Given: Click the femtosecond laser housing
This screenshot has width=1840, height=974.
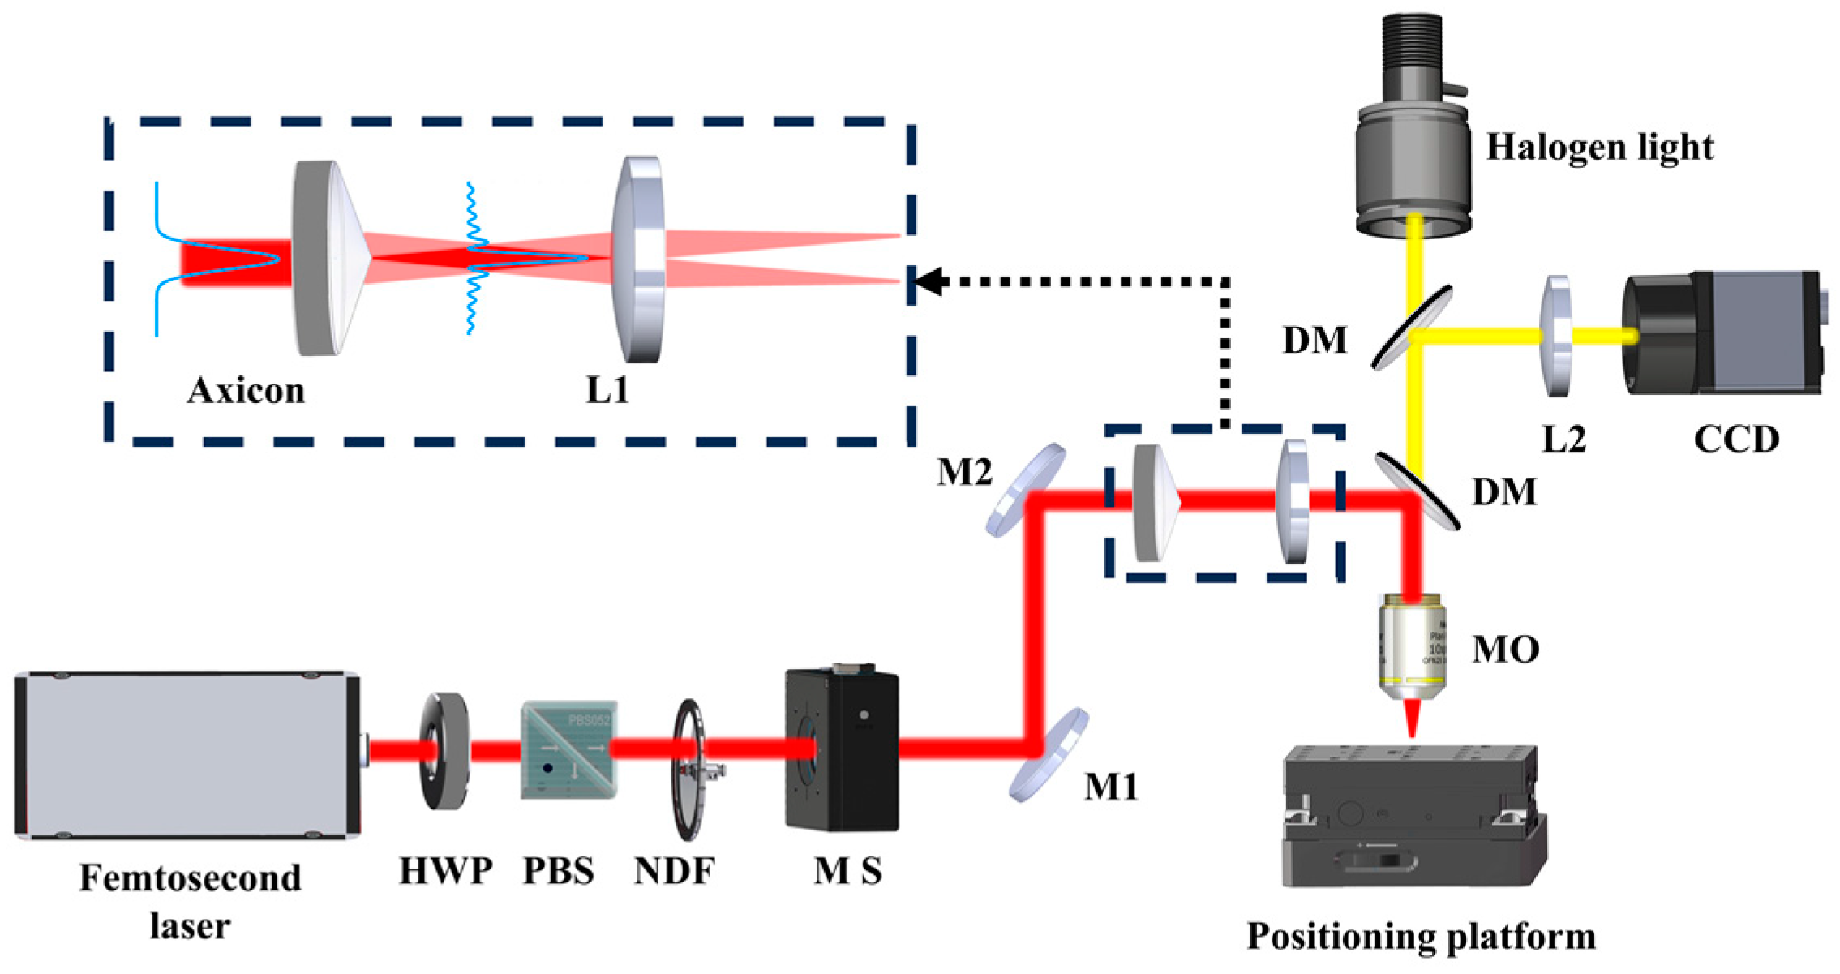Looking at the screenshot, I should pyautogui.click(x=187, y=754).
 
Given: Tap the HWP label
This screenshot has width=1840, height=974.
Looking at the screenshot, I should pyautogui.click(x=445, y=871).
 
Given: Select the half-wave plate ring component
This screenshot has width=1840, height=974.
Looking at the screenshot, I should pyautogui.click(x=444, y=751).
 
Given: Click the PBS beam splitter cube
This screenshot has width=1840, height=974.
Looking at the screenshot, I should pyautogui.click(x=568, y=750).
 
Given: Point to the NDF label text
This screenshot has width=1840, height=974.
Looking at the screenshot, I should pyautogui.click(x=674, y=871).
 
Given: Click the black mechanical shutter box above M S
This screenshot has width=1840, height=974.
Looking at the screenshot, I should pyautogui.click(x=842, y=749).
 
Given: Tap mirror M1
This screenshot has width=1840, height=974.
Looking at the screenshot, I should pyautogui.click(x=1049, y=755).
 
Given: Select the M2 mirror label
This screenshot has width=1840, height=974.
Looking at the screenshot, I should pyautogui.click(x=964, y=471).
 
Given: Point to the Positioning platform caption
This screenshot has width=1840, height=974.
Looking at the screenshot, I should pyautogui.click(x=1421, y=936).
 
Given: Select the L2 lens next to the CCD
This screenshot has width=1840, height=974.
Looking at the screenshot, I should pyautogui.click(x=1555, y=336).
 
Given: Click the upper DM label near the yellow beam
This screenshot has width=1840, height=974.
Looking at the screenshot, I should pyautogui.click(x=1314, y=340).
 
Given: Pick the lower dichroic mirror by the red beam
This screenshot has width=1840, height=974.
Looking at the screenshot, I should pyautogui.click(x=1417, y=491).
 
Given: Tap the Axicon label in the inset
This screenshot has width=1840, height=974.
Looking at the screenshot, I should pyautogui.click(x=246, y=391).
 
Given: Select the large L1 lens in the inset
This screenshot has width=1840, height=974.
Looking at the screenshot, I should pyautogui.click(x=639, y=260).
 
